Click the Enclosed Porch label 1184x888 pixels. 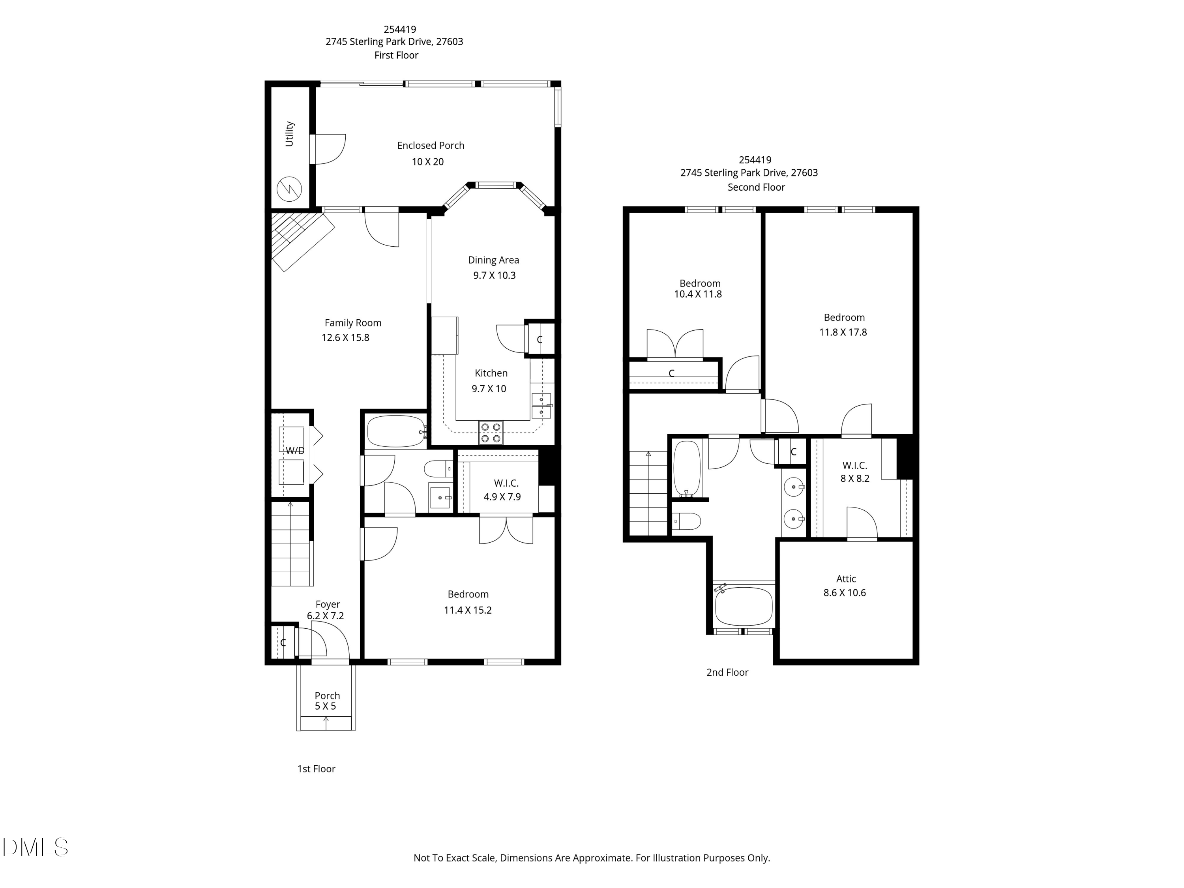[x=430, y=146]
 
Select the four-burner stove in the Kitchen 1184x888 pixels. [x=490, y=433]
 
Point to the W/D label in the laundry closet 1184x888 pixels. [x=295, y=451]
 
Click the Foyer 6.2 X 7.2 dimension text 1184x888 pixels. [x=326, y=616]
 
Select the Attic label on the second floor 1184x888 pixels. [x=846, y=579]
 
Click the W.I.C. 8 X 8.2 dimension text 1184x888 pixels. [x=855, y=478]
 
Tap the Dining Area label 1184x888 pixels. [x=493, y=260]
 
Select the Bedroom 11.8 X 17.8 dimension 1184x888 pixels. [x=843, y=332]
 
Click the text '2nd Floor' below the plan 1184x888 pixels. [x=727, y=672]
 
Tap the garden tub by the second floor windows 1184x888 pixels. [x=744, y=607]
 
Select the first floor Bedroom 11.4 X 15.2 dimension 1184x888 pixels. [x=467, y=610]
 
